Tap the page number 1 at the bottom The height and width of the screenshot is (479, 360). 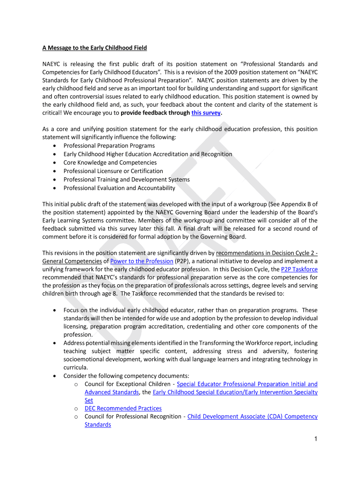(316, 439)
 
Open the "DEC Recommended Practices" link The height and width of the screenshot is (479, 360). (123, 408)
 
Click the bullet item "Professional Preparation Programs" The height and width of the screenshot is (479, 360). (109, 145)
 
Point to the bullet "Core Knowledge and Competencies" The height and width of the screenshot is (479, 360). (110, 162)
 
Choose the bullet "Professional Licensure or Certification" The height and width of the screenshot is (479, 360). (113, 171)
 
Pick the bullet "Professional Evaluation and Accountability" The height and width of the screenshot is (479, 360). (119, 188)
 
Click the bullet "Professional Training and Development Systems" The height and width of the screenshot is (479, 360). (126, 180)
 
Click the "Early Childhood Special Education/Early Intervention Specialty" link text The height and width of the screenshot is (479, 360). (235, 392)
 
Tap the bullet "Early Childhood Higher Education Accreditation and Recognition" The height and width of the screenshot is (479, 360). (148, 154)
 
